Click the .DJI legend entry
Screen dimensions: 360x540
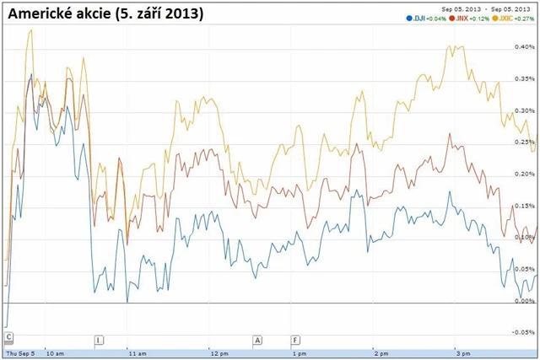pos(419,18)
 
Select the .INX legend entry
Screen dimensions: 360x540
pos(463,18)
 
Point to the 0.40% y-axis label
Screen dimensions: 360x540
pos(524,48)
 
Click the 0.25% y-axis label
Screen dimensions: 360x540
pos(524,142)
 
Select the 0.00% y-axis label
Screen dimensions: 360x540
pos(524,301)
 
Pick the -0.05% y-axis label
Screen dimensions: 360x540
pos(523,332)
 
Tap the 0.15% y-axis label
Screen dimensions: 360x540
pos(524,206)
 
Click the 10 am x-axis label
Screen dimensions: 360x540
pos(55,354)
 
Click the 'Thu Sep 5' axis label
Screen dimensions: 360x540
pos(20,354)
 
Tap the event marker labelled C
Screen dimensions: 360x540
pos(8,338)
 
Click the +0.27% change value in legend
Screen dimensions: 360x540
pos(527,18)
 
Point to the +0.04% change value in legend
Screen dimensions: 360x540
pos(436,18)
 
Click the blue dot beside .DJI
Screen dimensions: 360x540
pos(408,18)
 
